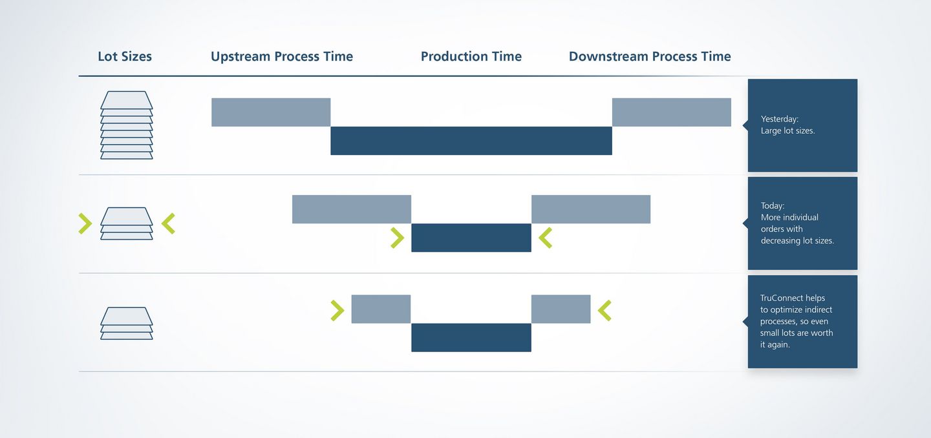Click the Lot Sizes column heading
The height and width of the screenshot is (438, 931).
coord(125,56)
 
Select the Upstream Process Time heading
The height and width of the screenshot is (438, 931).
coord(282,56)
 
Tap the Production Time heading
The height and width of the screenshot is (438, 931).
coord(471,56)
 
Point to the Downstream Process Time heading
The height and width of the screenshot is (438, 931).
coord(650,56)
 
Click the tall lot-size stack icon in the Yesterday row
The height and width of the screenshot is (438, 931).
coord(126,125)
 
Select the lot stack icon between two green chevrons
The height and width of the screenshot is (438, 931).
coord(126,224)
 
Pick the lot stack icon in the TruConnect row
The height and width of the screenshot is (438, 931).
coord(126,324)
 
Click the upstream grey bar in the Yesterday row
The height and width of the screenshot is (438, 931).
coord(271,112)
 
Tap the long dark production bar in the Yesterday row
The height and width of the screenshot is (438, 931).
coord(471,141)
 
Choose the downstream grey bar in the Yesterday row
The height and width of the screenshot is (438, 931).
coord(672,112)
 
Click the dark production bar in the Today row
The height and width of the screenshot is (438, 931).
coord(471,238)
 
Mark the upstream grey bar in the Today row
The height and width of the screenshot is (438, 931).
coord(352,209)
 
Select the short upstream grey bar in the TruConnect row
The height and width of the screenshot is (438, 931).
coord(381,309)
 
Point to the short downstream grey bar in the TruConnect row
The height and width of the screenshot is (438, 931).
coord(561,309)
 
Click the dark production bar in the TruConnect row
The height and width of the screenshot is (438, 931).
coord(471,337)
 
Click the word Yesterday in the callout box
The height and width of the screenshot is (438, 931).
coord(779,119)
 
